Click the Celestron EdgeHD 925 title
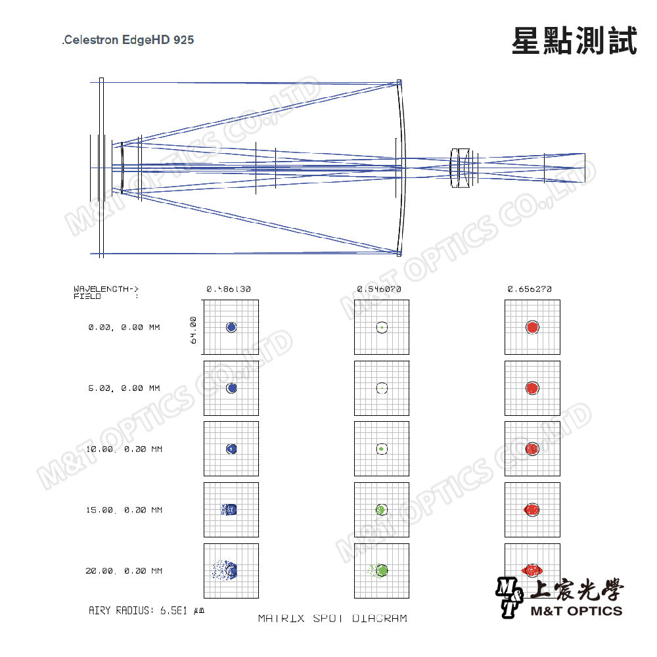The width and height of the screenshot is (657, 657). [128, 40]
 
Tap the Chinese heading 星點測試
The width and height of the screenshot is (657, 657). [574, 41]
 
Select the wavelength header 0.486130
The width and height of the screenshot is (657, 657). [229, 289]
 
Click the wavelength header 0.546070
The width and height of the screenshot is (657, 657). [379, 289]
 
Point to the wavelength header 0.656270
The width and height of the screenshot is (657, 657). [530, 289]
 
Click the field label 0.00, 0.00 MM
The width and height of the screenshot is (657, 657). [124, 327]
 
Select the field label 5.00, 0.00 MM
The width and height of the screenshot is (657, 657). [124, 388]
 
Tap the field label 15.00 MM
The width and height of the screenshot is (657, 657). [124, 510]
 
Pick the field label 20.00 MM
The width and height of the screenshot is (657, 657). [124, 571]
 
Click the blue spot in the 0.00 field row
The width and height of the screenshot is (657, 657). [231, 327]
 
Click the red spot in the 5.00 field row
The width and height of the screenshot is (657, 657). [532, 388]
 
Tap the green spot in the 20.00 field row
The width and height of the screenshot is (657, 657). [380, 570]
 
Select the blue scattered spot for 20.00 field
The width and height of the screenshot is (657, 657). [225, 570]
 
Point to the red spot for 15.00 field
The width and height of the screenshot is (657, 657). [532, 510]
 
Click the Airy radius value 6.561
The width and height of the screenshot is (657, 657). [173, 610]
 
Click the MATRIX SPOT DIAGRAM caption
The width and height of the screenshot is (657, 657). [332, 618]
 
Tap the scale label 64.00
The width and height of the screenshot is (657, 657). [193, 330]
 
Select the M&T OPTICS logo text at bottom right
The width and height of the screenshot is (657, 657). [577, 611]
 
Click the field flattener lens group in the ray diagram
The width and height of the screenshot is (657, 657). [464, 168]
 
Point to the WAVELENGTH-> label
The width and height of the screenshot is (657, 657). [106, 288]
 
